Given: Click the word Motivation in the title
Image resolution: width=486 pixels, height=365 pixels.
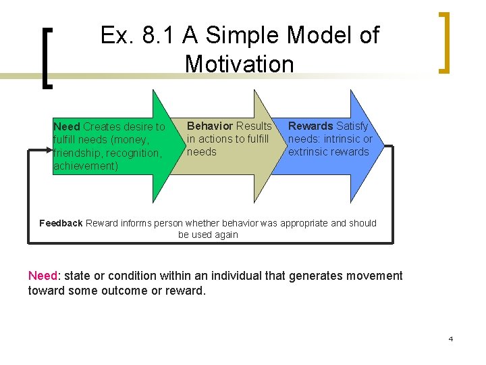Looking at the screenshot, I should pyautogui.click(x=239, y=64).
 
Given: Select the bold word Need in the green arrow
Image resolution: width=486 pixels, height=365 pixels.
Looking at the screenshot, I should pyautogui.click(x=66, y=127).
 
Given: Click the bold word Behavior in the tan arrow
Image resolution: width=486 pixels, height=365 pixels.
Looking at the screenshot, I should pyautogui.click(x=209, y=126).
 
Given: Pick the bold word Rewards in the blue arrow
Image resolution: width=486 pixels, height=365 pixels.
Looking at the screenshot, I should pyautogui.click(x=310, y=126).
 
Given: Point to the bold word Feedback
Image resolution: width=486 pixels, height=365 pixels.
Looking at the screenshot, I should pyautogui.click(x=61, y=223).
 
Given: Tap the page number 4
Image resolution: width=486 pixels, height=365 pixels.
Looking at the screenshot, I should pyautogui.click(x=450, y=339).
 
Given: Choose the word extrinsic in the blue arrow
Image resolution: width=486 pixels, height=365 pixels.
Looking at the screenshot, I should pyautogui.click(x=308, y=152).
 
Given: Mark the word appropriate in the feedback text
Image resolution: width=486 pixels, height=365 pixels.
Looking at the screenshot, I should pyautogui.click(x=324, y=223).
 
